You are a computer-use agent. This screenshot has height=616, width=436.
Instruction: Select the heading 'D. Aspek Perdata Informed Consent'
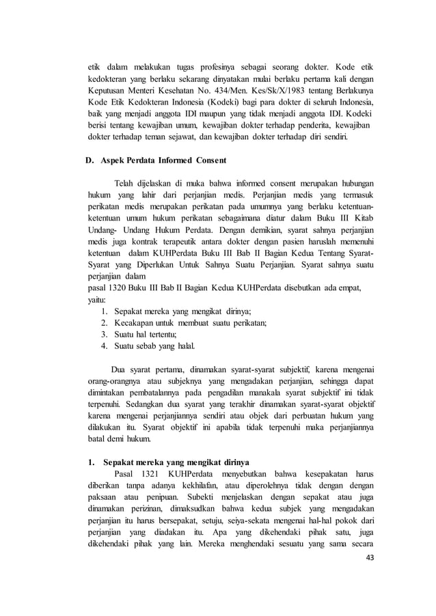(x=156, y=161)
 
